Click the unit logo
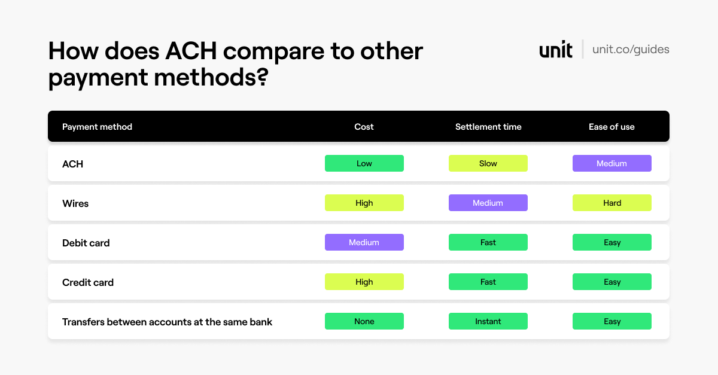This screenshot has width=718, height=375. [x=556, y=50]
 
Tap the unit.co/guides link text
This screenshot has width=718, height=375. [x=631, y=50]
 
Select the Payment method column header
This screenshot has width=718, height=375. [x=97, y=127]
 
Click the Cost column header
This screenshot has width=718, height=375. [x=364, y=127]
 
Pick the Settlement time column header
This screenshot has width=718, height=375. [x=488, y=127]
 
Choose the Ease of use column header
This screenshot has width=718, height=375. [x=611, y=127]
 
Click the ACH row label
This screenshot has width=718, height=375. [x=72, y=164]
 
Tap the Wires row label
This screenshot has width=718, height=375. [x=75, y=203]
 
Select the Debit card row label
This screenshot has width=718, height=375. [x=86, y=243]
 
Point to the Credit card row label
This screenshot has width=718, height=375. [x=88, y=282]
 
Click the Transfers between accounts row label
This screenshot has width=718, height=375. [x=167, y=322]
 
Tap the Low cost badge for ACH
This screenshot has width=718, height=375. [x=364, y=163]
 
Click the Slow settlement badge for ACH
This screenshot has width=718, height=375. [x=488, y=163]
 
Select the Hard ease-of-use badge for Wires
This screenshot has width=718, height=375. [x=612, y=203]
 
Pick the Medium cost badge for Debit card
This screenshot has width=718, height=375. [x=364, y=242]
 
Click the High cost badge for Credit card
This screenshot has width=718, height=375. [x=364, y=282]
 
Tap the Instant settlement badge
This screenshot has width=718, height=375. [x=488, y=321]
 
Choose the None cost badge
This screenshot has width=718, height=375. [x=364, y=321]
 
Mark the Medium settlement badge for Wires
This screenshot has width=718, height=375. [x=488, y=203]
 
